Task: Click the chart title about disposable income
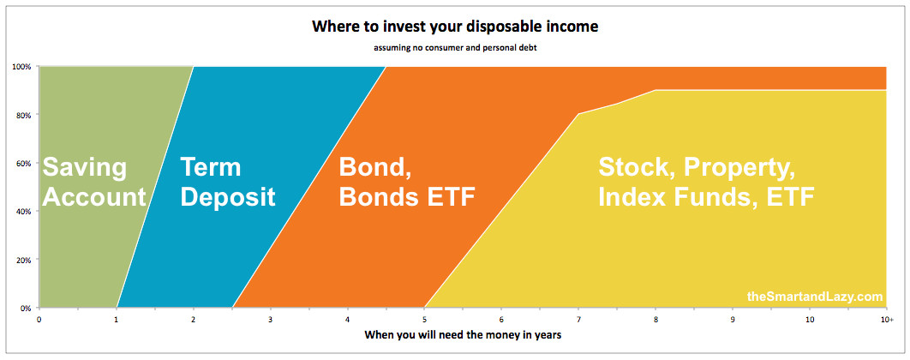point(455,27)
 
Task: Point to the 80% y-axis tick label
point(22,115)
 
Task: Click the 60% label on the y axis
point(22,163)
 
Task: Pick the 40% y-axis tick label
point(22,212)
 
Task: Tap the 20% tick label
point(22,260)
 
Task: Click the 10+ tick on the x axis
point(886,320)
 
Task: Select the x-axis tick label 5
point(424,320)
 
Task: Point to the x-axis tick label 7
point(578,320)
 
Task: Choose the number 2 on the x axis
point(194,320)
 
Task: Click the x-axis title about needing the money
point(463,335)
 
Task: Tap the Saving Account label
point(94,183)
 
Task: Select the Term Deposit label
point(228,183)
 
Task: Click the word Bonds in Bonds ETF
point(384,197)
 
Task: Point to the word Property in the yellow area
point(739,168)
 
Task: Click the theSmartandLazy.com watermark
point(815,297)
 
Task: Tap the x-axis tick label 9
point(733,320)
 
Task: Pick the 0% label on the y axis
point(24,308)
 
